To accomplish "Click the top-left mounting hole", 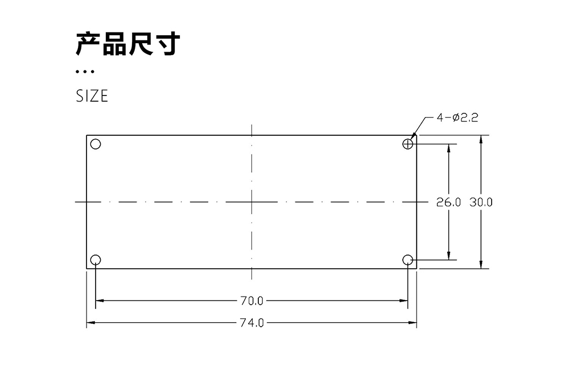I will click(96, 144).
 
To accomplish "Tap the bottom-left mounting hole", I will click(96, 260).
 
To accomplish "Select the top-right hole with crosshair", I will click(407, 144).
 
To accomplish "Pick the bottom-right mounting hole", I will click(407, 260).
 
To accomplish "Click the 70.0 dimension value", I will click(252, 301).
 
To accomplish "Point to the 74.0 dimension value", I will click(252, 323).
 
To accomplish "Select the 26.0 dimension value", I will click(448, 202).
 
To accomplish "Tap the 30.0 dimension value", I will click(481, 202).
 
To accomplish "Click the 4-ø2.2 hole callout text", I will click(457, 118).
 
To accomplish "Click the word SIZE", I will click(92, 97).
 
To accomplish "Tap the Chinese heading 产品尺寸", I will click(128, 44).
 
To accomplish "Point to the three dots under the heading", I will click(84, 72).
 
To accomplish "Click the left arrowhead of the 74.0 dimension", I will click(90, 323).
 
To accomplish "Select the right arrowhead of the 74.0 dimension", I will click(414, 323).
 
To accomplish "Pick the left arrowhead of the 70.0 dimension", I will click(99, 301).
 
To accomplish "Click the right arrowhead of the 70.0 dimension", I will click(405, 301).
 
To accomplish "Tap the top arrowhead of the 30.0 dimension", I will click(481, 139).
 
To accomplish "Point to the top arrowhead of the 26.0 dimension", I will click(450, 148).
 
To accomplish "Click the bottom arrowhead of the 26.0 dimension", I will click(450, 256).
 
